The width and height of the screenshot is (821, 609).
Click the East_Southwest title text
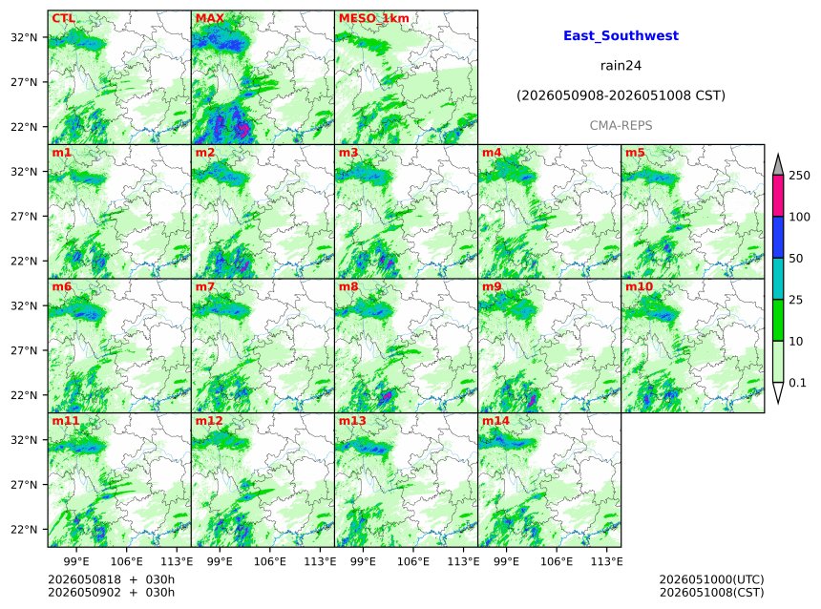click(x=621, y=35)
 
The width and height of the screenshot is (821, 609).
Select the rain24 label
click(x=621, y=66)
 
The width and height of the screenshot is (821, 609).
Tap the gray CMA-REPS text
click(x=621, y=126)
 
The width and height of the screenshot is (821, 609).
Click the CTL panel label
click(x=63, y=18)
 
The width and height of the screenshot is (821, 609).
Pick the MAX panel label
click(x=209, y=18)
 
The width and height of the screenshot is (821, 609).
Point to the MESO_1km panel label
click(x=374, y=18)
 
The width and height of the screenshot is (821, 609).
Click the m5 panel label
click(x=635, y=153)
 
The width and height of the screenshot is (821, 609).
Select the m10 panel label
click(x=639, y=286)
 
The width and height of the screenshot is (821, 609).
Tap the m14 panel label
click(x=495, y=421)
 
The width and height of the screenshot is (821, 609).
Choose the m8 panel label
click(x=348, y=286)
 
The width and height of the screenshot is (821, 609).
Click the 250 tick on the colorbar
click(x=799, y=176)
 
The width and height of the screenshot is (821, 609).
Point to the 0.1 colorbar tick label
click(x=797, y=383)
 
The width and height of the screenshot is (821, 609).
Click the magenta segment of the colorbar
click(x=778, y=196)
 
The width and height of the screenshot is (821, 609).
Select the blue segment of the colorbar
click(x=778, y=238)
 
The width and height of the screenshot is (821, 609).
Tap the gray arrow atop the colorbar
click(x=778, y=164)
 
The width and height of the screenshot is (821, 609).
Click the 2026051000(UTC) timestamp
click(x=711, y=579)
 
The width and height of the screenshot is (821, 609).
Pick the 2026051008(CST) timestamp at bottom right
click(x=711, y=592)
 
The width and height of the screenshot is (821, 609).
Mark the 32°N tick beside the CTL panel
click(x=24, y=37)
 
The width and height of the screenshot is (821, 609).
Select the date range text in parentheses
click(x=621, y=95)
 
